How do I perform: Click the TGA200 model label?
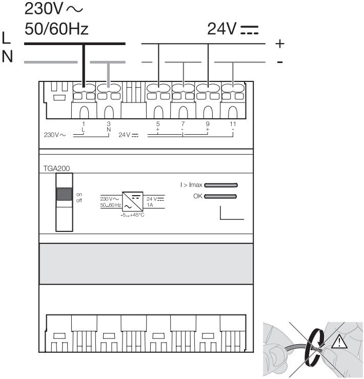[x=56, y=169]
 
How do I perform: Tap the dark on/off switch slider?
[x=64, y=194]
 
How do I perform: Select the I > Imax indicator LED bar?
[x=221, y=185]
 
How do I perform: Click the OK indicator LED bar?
[x=220, y=196]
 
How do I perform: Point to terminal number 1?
[x=84, y=124]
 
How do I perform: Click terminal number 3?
[x=109, y=124]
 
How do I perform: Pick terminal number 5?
[x=158, y=124]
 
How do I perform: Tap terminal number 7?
[x=183, y=124]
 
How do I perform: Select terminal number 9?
[x=208, y=124]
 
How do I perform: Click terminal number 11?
[x=233, y=124]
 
